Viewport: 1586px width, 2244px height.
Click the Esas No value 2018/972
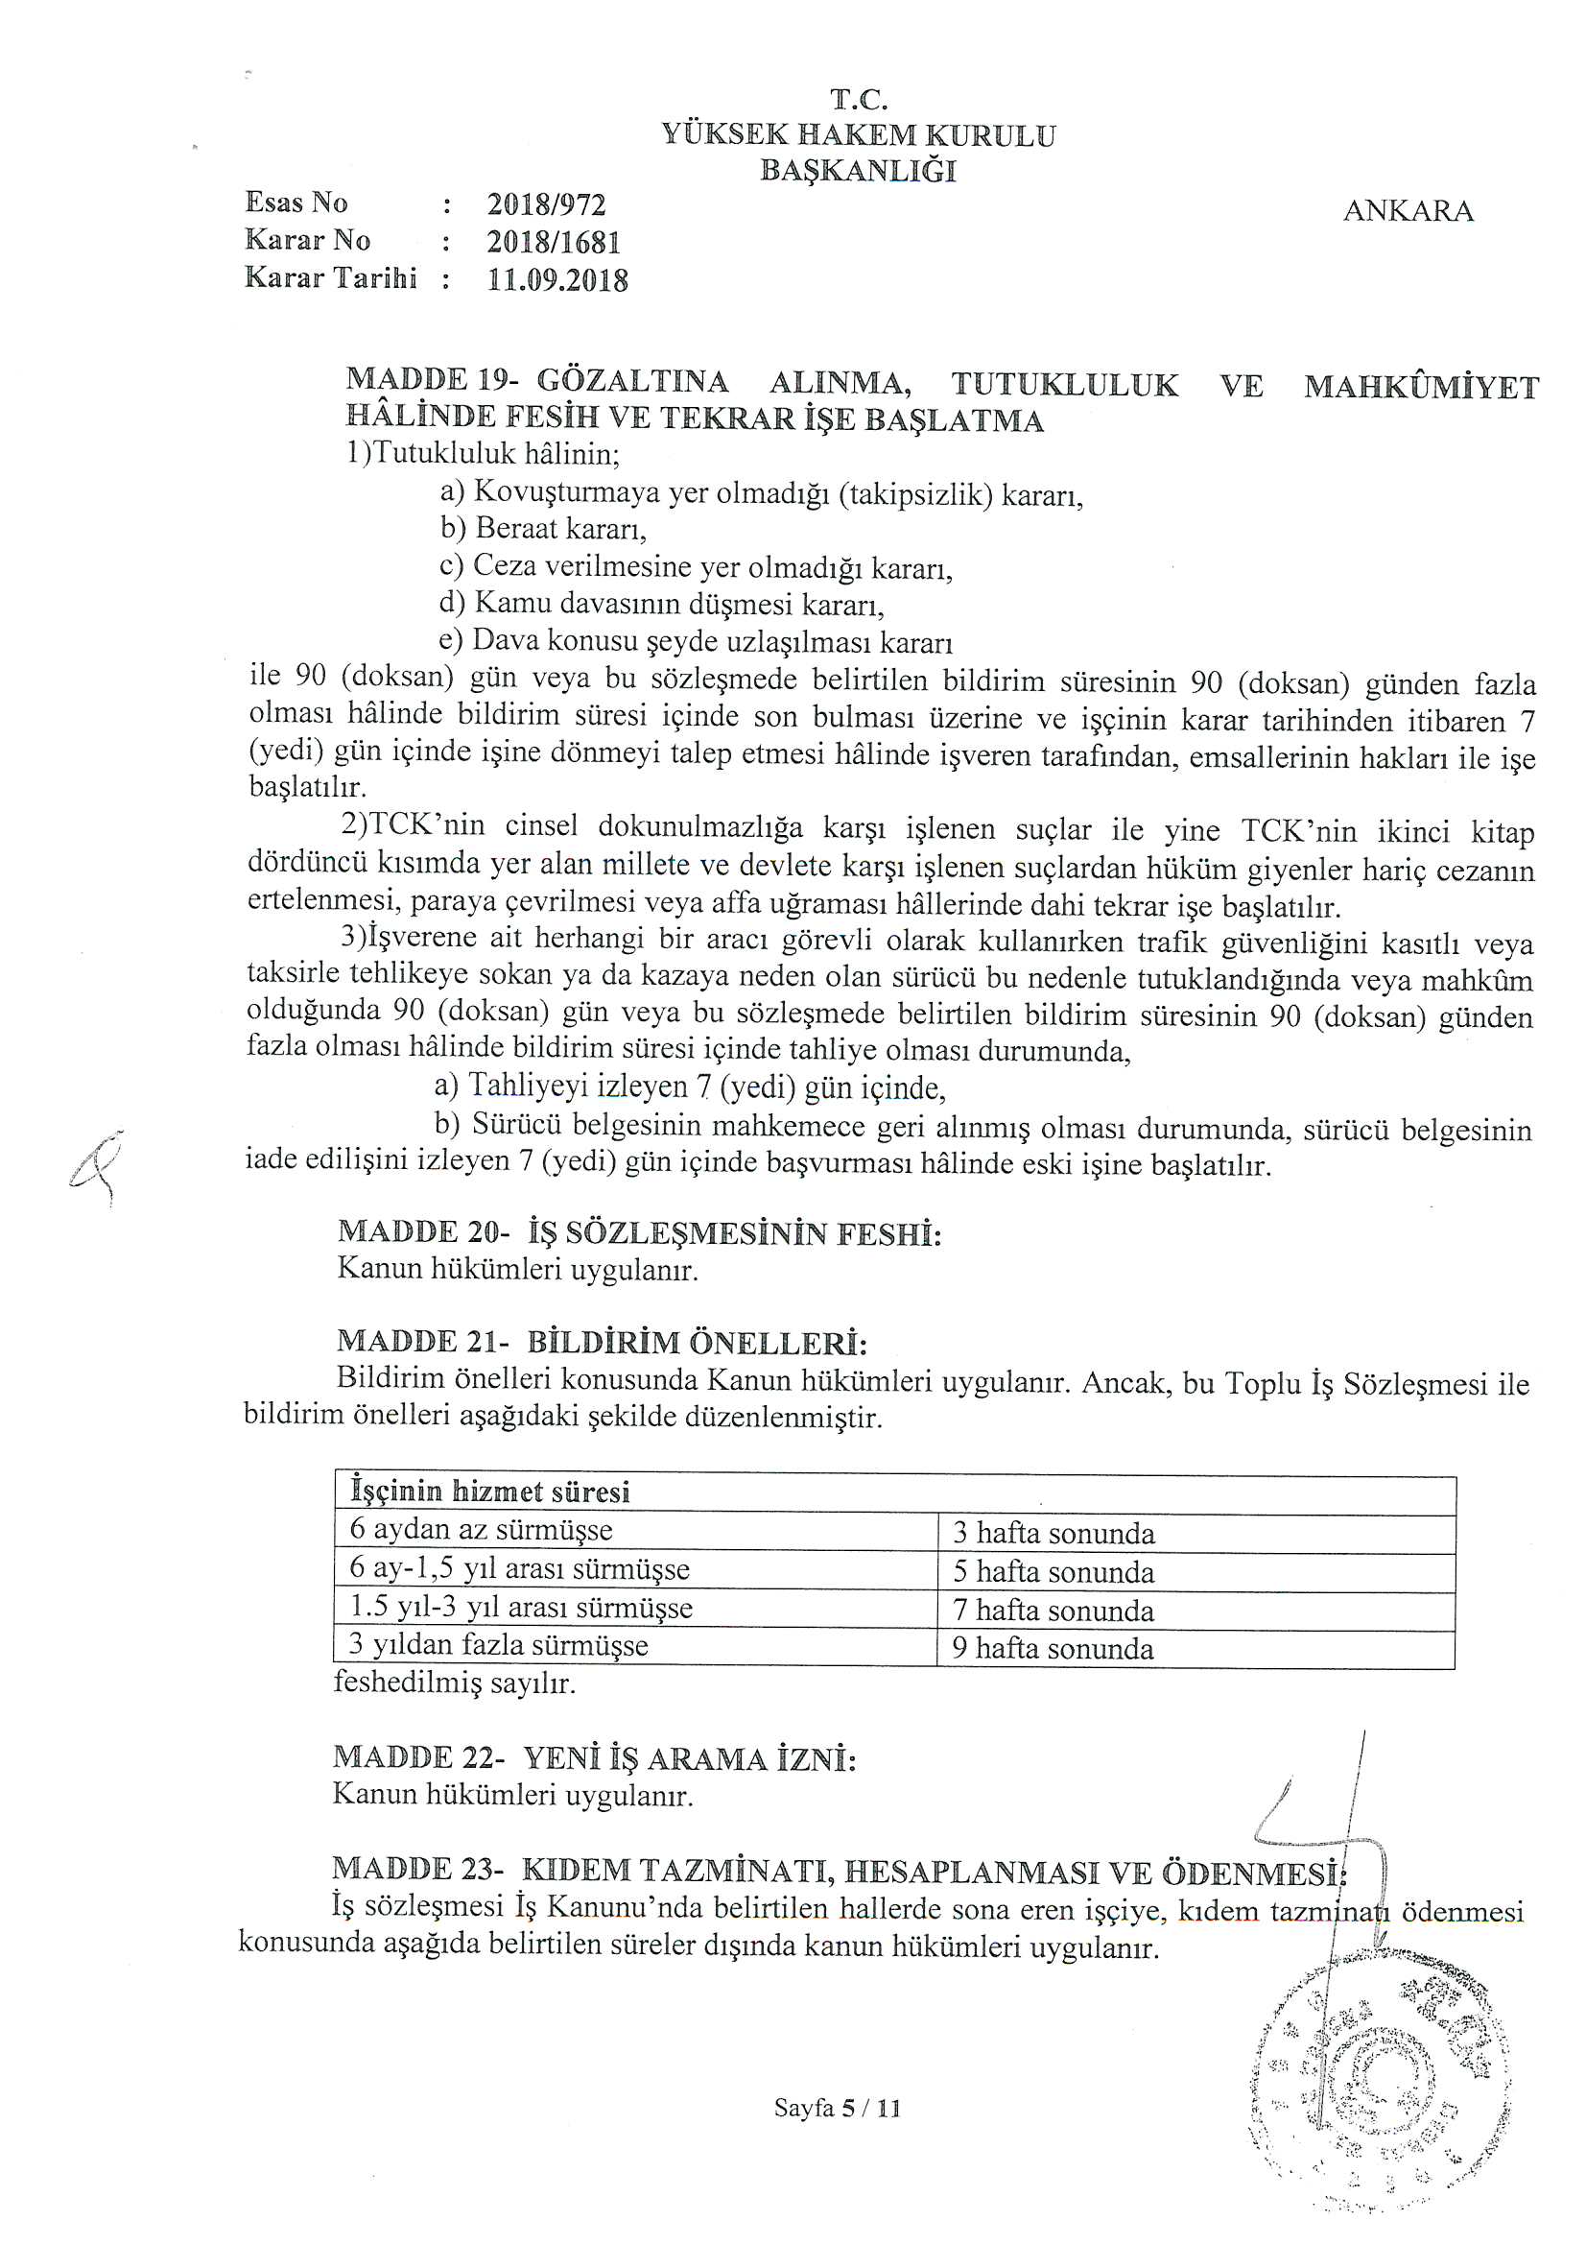[x=546, y=205]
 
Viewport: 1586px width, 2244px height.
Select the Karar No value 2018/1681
[x=553, y=243]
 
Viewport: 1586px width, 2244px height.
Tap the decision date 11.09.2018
[x=557, y=280]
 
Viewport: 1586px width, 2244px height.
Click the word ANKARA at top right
[x=1408, y=211]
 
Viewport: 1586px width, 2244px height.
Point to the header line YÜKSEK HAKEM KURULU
[x=858, y=135]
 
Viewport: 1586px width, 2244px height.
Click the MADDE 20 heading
[x=639, y=1232]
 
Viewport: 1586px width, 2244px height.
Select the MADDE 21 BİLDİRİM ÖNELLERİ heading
[x=602, y=1342]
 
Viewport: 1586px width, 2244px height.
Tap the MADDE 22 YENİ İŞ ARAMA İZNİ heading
[x=594, y=1758]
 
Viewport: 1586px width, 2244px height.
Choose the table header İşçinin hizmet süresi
[x=489, y=1492]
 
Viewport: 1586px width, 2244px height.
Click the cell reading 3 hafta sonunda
[x=1053, y=1534]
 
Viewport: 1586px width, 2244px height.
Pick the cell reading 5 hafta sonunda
[x=1053, y=1571]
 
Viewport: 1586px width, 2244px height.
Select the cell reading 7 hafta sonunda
[x=1053, y=1610]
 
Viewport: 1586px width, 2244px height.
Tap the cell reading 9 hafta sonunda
[x=1053, y=1649]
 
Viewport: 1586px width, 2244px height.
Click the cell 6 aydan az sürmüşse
[x=481, y=1531]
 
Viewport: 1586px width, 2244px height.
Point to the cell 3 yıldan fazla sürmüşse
[x=498, y=1646]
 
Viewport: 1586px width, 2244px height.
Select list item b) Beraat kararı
[x=543, y=529]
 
